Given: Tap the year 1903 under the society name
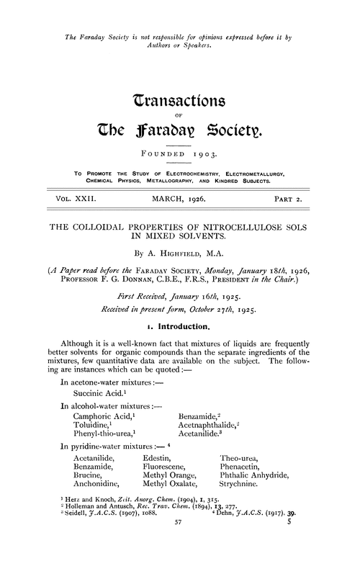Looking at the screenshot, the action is tap(211, 154).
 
